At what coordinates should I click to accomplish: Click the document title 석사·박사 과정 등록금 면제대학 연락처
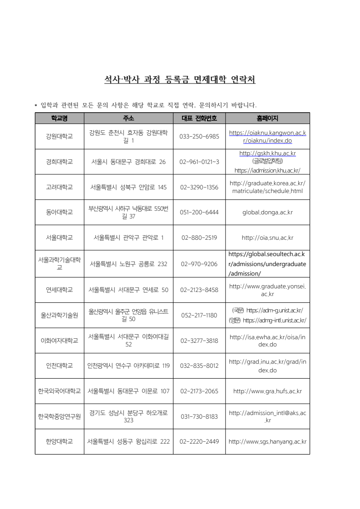tap(180, 80)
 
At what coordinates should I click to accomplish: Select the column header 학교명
tap(59, 118)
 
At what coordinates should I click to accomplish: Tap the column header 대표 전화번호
tap(199, 118)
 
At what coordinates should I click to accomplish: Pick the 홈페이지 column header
tap(267, 118)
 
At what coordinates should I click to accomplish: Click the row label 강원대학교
tap(59, 136)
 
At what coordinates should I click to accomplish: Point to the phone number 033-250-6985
tap(199, 136)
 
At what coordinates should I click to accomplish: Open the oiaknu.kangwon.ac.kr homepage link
tap(267, 136)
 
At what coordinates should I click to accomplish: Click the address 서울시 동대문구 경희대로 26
tap(128, 162)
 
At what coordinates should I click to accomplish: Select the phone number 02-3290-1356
tap(199, 187)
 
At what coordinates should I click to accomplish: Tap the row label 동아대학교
tap(59, 212)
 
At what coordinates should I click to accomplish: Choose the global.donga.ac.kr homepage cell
tap(267, 212)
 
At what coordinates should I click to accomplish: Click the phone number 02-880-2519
tap(199, 237)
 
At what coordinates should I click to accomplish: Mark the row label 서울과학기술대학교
tap(59, 263)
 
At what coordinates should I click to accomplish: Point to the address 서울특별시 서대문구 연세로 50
tap(128, 290)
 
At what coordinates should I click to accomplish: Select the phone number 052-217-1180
tap(199, 315)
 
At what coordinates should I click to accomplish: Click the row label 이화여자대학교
tap(59, 341)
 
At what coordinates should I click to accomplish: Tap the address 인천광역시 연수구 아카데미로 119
tap(128, 366)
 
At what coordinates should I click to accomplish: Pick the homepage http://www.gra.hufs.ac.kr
tap(267, 391)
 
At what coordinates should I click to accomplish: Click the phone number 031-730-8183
tap(199, 416)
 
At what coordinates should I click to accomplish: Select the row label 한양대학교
tap(59, 441)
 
